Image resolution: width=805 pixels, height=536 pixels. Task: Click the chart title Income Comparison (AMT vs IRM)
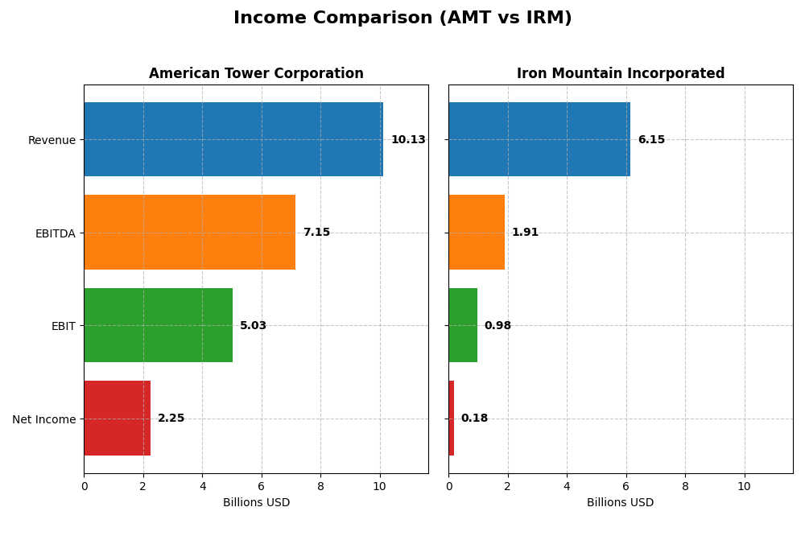[402, 18]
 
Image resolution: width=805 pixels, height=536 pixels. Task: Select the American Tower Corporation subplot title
[256, 73]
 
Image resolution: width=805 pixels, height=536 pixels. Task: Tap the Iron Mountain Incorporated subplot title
[621, 73]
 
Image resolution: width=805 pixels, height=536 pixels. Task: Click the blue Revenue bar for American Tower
[233, 139]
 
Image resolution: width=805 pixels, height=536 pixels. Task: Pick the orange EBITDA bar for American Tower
[189, 232]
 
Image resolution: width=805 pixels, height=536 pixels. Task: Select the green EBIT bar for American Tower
[158, 325]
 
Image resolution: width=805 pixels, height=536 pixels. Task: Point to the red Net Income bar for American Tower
[117, 418]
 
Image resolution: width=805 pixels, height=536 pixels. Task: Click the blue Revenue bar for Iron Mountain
[539, 139]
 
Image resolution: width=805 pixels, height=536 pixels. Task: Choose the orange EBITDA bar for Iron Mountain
[477, 232]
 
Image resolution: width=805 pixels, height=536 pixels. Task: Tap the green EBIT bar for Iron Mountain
[463, 325]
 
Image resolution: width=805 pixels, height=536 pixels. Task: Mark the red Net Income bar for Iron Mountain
[452, 418]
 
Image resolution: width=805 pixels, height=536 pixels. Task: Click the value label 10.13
[408, 140]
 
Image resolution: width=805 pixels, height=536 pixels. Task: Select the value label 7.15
[316, 233]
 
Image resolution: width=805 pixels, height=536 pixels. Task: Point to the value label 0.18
[474, 418]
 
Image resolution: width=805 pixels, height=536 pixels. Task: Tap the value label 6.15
[651, 140]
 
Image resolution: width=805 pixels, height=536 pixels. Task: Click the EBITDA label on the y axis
[55, 233]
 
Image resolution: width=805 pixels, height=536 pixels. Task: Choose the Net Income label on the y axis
[43, 419]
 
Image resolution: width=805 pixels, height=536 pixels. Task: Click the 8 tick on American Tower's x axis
[320, 486]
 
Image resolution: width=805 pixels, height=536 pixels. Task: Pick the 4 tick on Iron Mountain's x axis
[567, 486]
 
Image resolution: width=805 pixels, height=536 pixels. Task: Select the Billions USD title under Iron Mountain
[620, 502]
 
